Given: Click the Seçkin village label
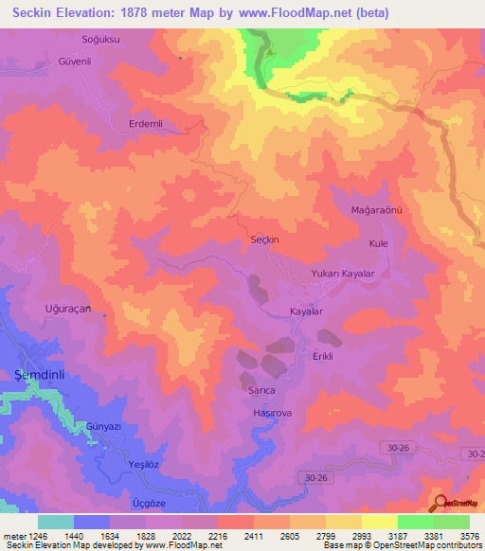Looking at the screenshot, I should tap(263, 240).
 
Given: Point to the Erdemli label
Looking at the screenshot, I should tap(146, 124).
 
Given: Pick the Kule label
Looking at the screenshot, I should tap(379, 243).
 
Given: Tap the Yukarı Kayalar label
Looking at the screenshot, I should tap(344, 274).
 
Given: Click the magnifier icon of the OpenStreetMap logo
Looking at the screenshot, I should tap(439, 502).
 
